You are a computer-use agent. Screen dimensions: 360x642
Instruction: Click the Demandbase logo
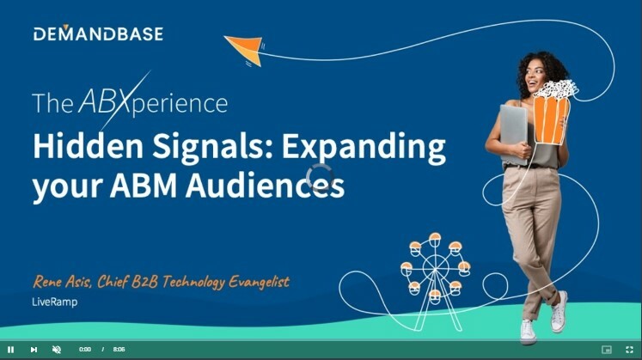[x=98, y=34]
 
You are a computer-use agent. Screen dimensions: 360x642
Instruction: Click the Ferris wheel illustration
[x=435, y=268]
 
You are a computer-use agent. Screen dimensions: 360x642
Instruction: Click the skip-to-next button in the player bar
[x=34, y=350]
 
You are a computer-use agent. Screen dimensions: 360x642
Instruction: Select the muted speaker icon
[x=57, y=350]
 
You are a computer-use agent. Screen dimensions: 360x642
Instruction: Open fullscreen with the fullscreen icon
[x=629, y=350]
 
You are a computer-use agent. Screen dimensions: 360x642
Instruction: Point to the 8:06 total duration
[x=119, y=350]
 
